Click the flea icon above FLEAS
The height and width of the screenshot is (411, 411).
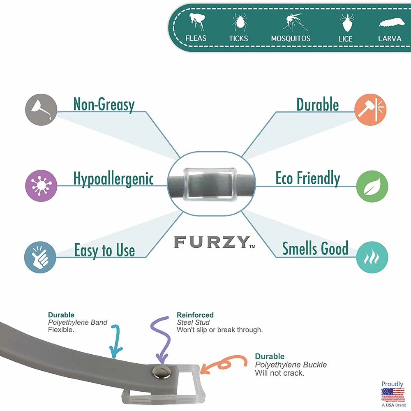[196, 22]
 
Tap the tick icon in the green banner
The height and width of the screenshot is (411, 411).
[239, 22]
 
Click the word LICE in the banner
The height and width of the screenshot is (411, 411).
[345, 39]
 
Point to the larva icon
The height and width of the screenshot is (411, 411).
[390, 23]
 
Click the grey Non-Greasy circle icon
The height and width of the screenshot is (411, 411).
[41, 110]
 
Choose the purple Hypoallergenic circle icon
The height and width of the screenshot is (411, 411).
[41, 185]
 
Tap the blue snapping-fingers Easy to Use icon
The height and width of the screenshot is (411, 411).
[40, 257]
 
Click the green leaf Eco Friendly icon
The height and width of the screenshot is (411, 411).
[372, 186]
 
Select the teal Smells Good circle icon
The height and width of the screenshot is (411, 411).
[372, 257]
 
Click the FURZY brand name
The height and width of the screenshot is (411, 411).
[211, 242]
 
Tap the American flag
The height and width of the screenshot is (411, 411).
[393, 395]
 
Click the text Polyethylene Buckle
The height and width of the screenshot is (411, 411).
[291, 365]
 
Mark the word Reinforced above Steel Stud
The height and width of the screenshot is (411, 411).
[195, 315]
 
